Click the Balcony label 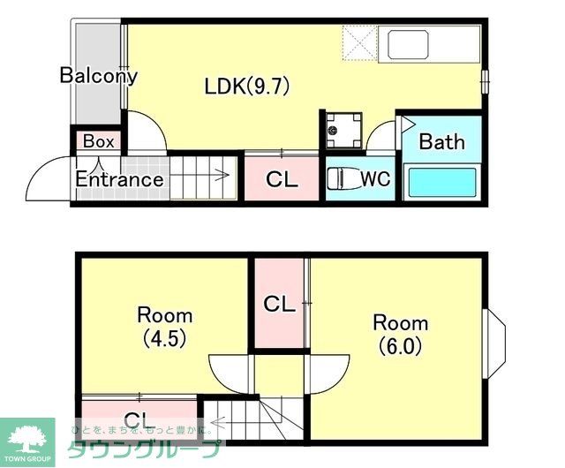[x=98, y=75]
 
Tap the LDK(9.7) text [x=247, y=87]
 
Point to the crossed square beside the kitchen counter [x=359, y=42]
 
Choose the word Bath [x=441, y=141]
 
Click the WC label [x=375, y=179]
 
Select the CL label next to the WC [x=282, y=180]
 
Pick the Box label [x=98, y=141]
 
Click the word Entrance [x=118, y=180]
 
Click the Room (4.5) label [x=164, y=326]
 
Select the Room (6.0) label [x=400, y=333]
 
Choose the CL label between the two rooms [x=280, y=305]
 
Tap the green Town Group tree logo [x=27, y=437]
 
